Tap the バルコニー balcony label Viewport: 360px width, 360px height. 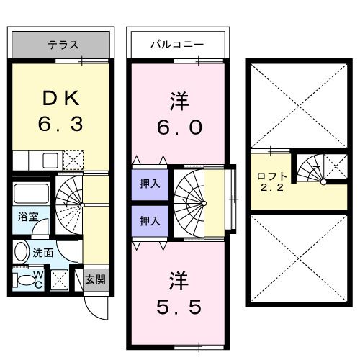[176, 45]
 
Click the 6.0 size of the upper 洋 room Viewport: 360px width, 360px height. [181, 127]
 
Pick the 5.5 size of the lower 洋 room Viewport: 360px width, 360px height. [180, 305]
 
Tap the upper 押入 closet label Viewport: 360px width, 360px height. [150, 184]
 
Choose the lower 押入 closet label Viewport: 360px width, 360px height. [150, 220]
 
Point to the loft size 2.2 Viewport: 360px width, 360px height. [272, 189]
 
